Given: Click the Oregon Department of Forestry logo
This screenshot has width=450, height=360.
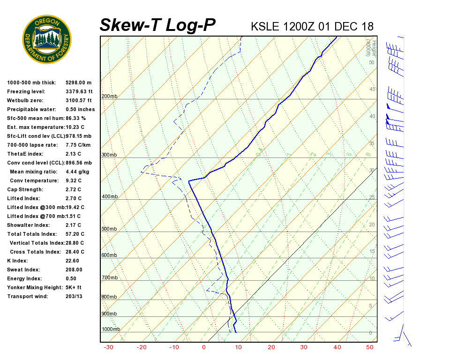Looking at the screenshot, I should (47, 39).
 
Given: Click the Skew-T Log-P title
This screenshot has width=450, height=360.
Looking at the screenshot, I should (157, 25).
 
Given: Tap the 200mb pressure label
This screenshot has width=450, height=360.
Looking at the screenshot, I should (109, 97).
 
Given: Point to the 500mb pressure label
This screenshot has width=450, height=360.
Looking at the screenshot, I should (109, 229).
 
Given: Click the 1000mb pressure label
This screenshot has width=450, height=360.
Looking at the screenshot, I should (111, 330).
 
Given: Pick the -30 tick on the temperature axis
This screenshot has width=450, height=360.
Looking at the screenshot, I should (108, 347).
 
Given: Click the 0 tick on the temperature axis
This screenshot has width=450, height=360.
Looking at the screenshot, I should (204, 347).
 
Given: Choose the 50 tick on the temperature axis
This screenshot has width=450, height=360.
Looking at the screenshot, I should (370, 347).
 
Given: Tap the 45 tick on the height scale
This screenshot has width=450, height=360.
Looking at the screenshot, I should (372, 90).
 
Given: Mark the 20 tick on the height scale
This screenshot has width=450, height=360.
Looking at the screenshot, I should (372, 225).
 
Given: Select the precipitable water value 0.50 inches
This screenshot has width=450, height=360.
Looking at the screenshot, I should (80, 109).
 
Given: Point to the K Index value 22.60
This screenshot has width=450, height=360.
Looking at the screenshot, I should (73, 261).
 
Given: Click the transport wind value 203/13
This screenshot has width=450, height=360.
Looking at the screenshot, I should (74, 296).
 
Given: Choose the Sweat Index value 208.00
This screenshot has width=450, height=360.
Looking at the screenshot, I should (74, 270).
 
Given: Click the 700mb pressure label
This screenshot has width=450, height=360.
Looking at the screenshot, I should (109, 278).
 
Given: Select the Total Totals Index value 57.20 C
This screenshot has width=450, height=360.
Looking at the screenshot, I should (75, 234).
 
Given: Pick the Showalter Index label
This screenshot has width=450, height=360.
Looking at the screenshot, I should (29, 225).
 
